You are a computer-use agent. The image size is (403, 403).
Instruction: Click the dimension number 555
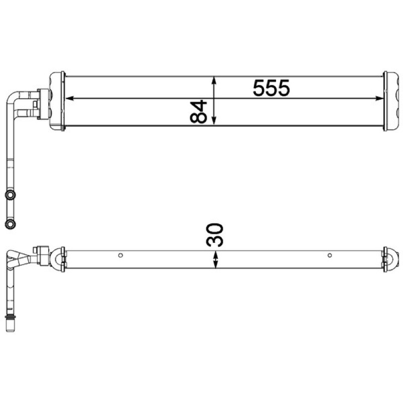tap(272, 88)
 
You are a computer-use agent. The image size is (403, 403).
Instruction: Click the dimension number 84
tap(198, 111)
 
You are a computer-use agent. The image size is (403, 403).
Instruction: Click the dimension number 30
tap(215, 235)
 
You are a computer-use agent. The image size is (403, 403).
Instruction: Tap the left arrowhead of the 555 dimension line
tap(70, 98)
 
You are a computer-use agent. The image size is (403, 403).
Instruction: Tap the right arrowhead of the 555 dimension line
tap(379, 98)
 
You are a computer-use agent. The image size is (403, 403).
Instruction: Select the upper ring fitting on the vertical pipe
tap(10, 195)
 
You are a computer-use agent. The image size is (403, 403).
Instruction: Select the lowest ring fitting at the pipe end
tap(10, 224)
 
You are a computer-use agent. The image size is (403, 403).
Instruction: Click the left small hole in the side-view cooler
tap(120, 255)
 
